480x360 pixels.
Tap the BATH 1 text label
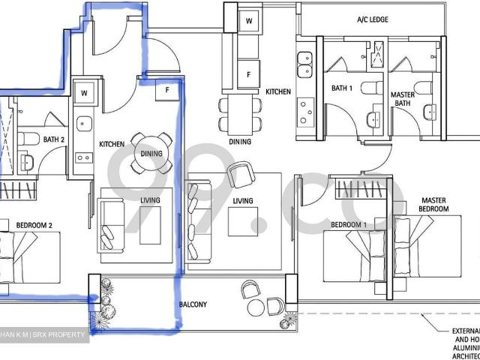(343, 88)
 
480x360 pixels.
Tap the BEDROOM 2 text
(34, 224)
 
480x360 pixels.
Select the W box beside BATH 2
(84, 93)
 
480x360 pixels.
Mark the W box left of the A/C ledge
(248, 21)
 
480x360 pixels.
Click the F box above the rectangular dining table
(248, 74)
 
